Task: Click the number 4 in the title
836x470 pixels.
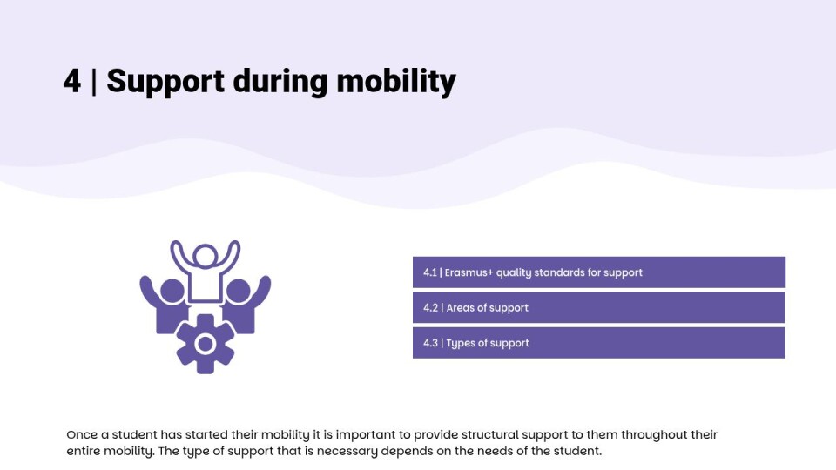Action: [72, 81]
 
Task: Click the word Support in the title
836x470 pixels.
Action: [165, 82]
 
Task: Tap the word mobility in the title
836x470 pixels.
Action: [396, 82]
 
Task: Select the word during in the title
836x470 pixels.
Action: [280, 82]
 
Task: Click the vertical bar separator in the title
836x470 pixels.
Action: [94, 82]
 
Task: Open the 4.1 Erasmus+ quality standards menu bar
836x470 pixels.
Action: [599, 272]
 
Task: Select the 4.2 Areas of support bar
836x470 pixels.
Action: [599, 307]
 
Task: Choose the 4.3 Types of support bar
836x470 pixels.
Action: [599, 343]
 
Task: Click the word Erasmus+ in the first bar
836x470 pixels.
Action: [469, 272]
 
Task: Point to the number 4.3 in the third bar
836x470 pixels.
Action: [430, 343]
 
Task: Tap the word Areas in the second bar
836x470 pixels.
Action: [460, 307]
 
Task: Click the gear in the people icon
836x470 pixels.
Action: [206, 345]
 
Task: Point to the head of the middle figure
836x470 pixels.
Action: [206, 256]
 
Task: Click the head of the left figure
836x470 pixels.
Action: [172, 292]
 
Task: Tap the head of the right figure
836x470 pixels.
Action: [238, 292]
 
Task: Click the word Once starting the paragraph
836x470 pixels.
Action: [82, 435]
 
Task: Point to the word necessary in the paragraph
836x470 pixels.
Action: [347, 452]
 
